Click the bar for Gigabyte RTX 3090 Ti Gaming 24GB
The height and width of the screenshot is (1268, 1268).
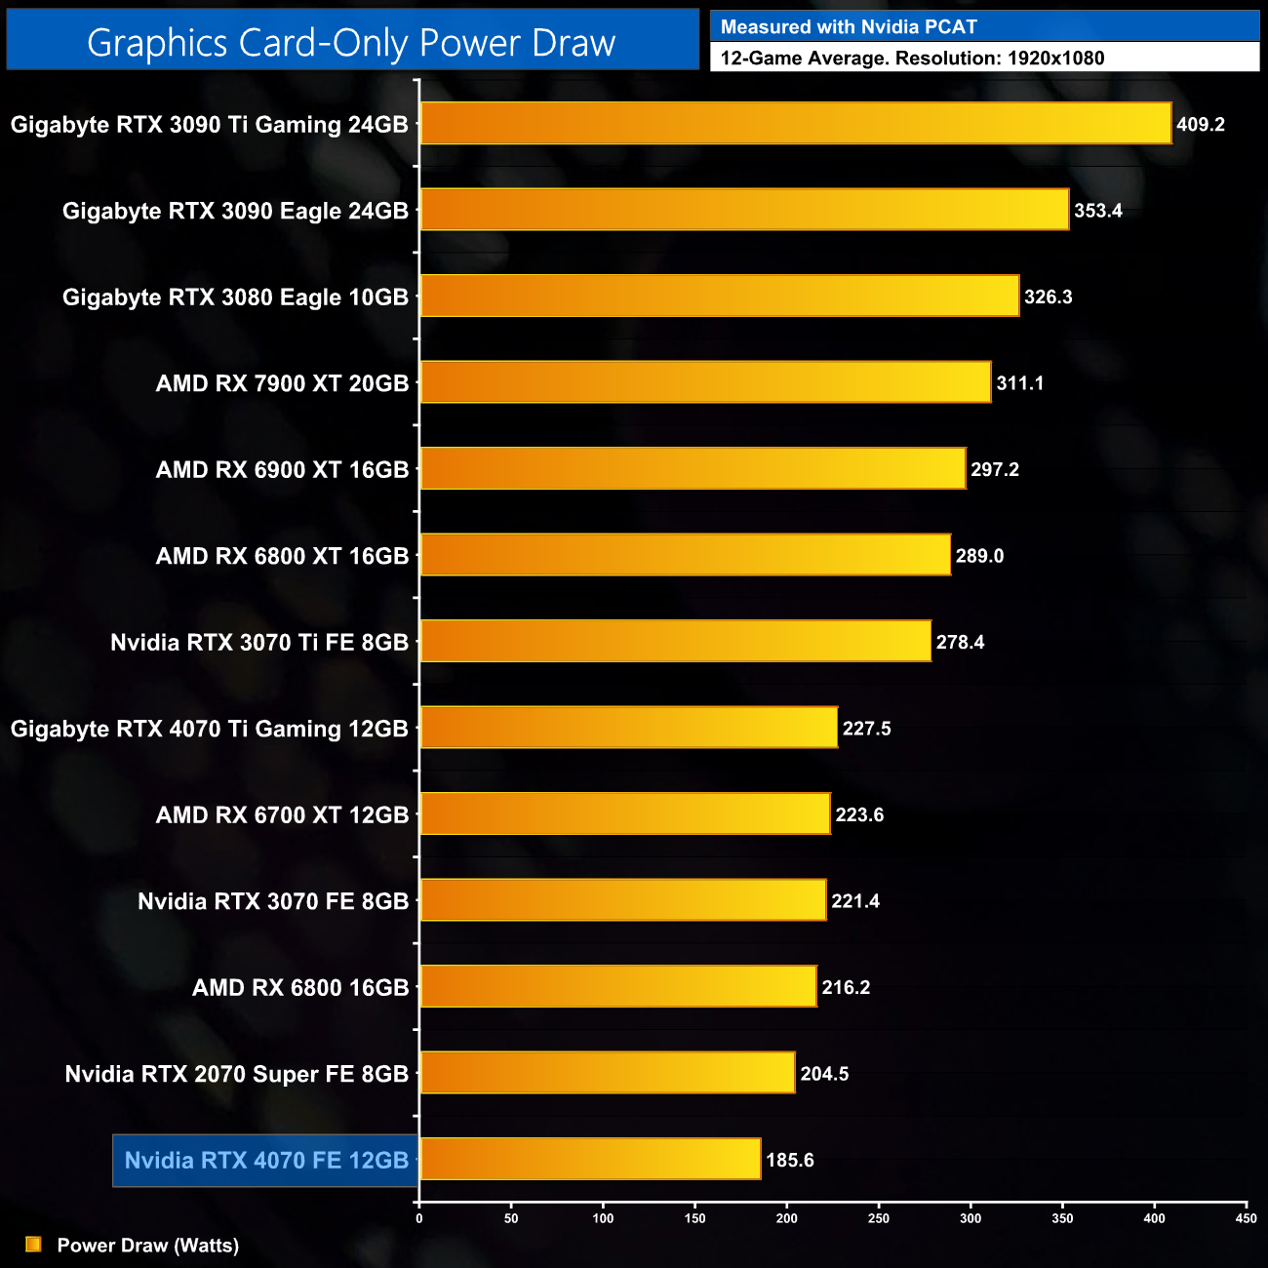[795, 124]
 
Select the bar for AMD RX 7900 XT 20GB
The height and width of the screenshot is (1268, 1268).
[705, 382]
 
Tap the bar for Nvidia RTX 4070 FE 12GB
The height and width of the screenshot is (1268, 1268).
[590, 1159]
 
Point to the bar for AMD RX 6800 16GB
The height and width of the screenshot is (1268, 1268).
[617, 986]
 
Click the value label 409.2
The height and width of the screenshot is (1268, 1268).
[1200, 125]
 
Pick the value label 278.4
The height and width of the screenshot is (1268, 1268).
[960, 643]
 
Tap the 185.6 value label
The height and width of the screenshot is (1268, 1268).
[789, 1161]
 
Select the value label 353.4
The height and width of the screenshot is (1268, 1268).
[1097, 211]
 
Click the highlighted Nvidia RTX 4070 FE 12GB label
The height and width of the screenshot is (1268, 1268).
[266, 1161]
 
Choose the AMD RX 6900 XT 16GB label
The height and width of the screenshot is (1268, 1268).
[282, 470]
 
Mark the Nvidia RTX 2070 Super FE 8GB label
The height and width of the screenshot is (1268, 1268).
[236, 1074]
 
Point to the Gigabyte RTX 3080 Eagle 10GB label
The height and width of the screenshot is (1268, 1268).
[235, 297]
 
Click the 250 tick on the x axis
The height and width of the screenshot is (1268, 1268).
[878, 1218]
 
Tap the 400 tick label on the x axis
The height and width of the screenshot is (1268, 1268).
[1154, 1218]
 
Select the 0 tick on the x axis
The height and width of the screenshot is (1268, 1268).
[419, 1218]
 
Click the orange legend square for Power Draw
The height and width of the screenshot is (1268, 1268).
[33, 1245]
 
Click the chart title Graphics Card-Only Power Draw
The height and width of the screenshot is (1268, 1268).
[351, 43]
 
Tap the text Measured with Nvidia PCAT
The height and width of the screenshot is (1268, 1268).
[849, 27]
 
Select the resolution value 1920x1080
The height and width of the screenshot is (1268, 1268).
[1055, 59]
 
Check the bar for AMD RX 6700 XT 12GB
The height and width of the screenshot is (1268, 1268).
[625, 813]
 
